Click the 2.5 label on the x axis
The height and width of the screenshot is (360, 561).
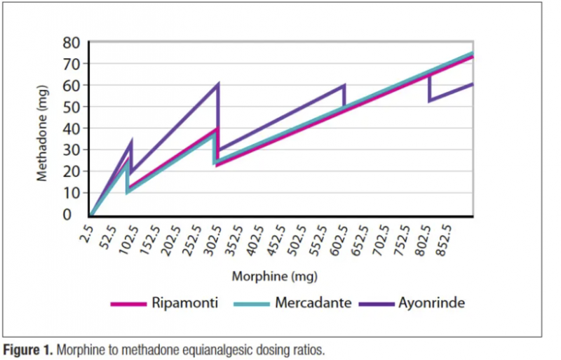(x=87, y=229)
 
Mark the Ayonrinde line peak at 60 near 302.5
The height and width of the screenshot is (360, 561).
(x=218, y=85)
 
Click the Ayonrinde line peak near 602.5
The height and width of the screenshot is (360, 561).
(x=344, y=86)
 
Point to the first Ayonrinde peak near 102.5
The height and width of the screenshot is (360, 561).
(x=131, y=143)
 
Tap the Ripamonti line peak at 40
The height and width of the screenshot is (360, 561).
(x=218, y=128)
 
